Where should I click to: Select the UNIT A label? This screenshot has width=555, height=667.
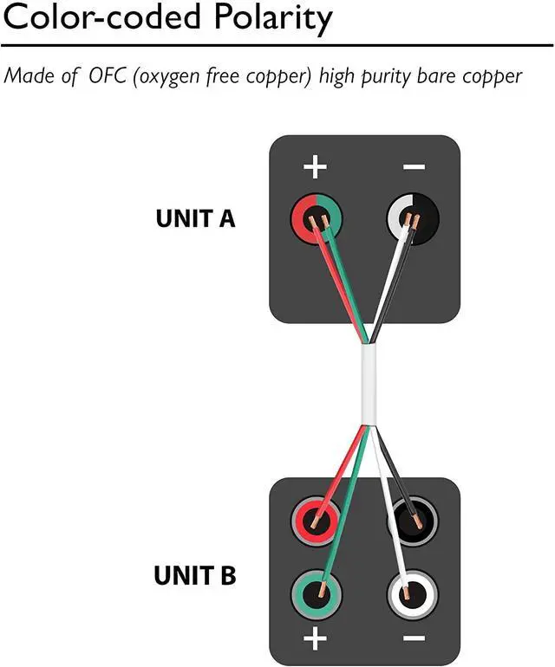coord(195,218)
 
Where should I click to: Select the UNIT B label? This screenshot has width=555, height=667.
coord(195,575)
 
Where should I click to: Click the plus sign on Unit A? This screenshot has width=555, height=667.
coord(316,166)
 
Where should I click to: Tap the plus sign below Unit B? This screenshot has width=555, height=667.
coord(316,641)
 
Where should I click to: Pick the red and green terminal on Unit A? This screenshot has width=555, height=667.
coord(316,220)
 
